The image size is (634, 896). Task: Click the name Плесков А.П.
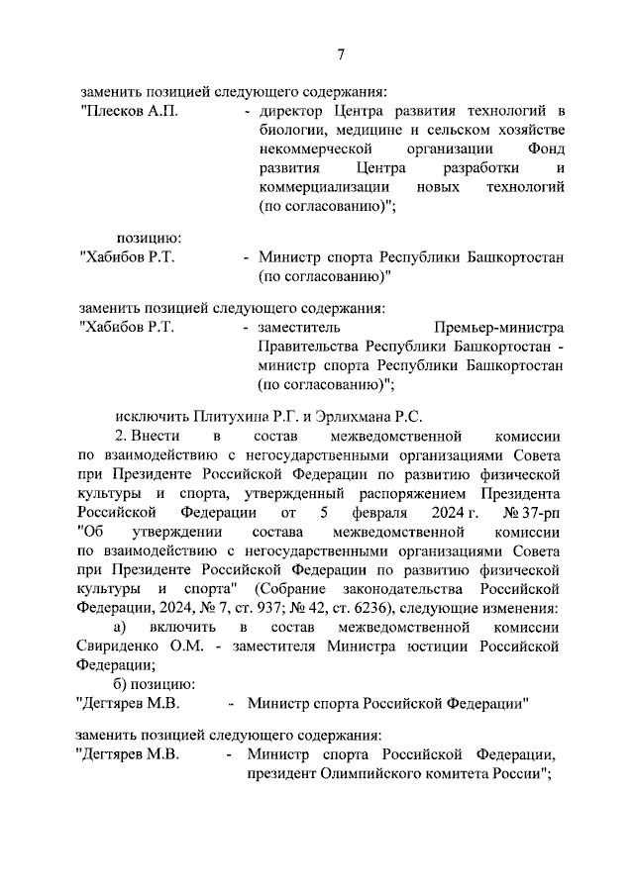pos(131,110)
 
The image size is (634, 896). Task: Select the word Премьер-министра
pos(498,328)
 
